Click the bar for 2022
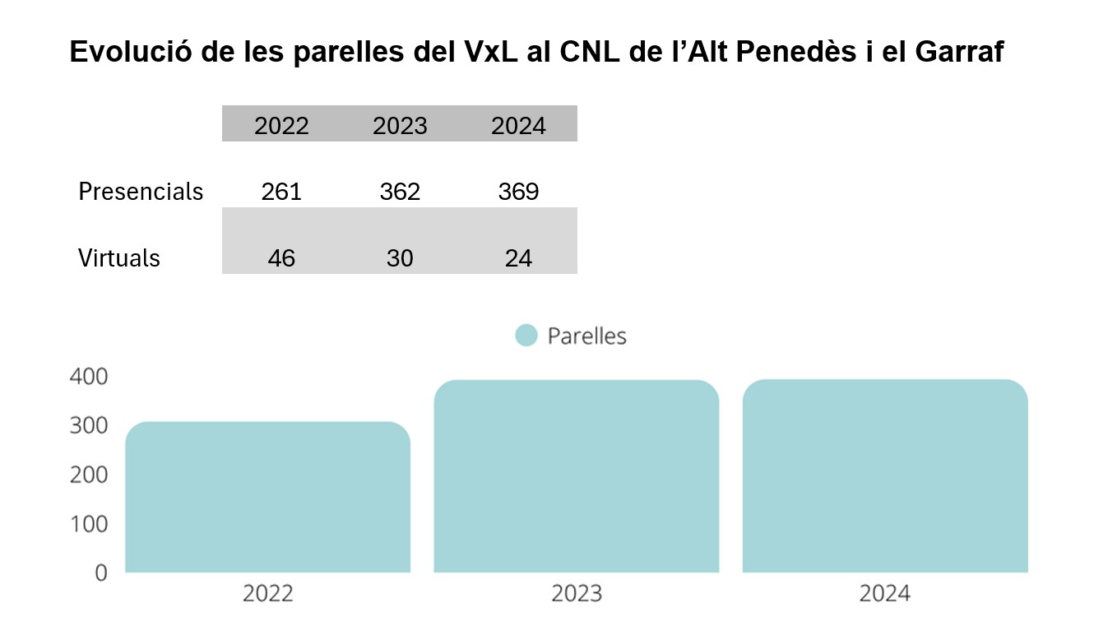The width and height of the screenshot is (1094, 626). pos(267,497)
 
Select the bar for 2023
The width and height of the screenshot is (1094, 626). pos(576,476)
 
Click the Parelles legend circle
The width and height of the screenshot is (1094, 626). pos(526,336)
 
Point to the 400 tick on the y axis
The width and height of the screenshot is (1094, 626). pos(90,377)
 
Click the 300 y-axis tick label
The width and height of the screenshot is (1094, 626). pos(90,426)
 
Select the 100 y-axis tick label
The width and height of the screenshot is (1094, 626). pos(90,524)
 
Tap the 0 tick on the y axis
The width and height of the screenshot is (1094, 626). pos(100,573)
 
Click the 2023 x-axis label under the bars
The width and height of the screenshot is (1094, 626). pos(576,594)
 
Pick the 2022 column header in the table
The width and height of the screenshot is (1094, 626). pos(281,126)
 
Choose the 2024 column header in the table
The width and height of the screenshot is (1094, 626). pos(518,126)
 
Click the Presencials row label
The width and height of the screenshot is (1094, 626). pos(141,192)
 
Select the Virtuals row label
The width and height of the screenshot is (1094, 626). pos(119,258)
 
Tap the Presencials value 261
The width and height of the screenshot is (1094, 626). pos(281,192)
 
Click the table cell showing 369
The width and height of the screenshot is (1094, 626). pos(518,192)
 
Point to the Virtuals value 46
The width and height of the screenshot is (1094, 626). pos(281,258)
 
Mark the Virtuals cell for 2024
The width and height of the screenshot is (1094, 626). pos(518,258)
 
